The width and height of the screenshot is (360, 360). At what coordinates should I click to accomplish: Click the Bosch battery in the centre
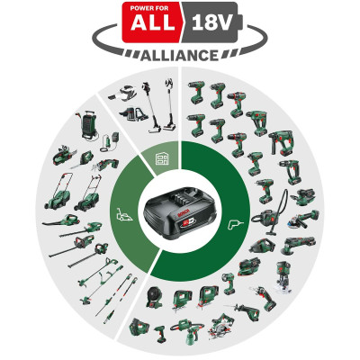(x=180, y=212)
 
